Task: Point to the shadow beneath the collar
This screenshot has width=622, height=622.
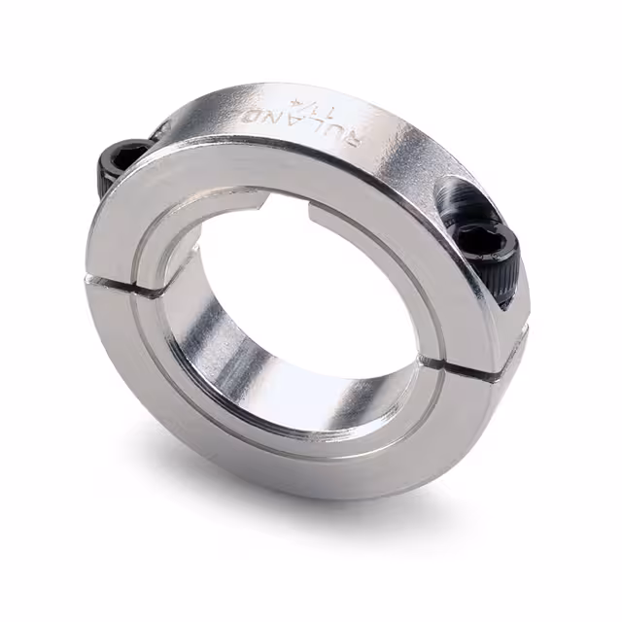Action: [x=389, y=505]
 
